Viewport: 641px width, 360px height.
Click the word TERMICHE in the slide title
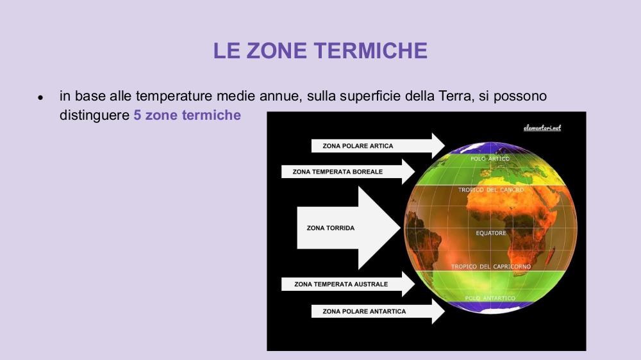(370, 51)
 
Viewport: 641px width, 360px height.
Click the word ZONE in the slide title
(276, 51)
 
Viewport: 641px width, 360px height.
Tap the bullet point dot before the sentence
(40, 97)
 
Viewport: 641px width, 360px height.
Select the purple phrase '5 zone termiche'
(187, 115)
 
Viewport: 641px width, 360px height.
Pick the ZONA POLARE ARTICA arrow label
(358, 146)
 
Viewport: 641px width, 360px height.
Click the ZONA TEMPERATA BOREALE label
(338, 172)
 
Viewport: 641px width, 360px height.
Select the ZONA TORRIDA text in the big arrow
(330, 228)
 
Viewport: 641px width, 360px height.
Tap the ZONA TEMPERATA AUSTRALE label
(341, 284)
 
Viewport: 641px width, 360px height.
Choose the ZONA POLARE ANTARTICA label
(364, 311)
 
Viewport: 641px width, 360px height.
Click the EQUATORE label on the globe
(491, 233)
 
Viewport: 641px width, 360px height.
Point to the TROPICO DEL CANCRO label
(491, 190)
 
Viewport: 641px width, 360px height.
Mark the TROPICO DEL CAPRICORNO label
(491, 266)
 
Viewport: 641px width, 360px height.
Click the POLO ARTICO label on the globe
(490, 159)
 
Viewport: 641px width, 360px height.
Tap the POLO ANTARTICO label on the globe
(490, 299)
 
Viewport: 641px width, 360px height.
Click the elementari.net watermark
(542, 128)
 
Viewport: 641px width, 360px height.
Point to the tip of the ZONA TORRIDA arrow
(400, 228)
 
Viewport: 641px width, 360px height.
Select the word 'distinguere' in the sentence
(94, 115)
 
